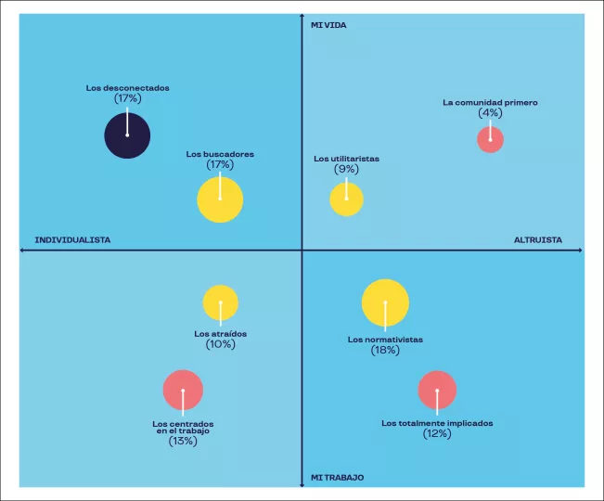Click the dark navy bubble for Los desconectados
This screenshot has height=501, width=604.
click(127, 135)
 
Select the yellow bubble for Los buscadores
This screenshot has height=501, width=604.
click(220, 199)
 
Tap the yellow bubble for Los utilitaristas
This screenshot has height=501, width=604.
click(346, 199)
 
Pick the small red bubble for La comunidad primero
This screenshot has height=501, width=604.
click(490, 140)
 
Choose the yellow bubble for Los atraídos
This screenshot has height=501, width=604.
click(221, 303)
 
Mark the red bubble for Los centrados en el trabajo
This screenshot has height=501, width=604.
click(183, 391)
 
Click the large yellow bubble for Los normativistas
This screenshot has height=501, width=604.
click(385, 302)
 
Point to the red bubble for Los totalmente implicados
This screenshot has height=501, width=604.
click(437, 391)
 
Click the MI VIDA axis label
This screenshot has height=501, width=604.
click(328, 25)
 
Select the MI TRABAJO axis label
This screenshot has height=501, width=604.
click(337, 478)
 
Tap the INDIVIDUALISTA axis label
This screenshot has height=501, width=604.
click(72, 240)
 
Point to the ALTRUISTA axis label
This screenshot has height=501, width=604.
click(538, 240)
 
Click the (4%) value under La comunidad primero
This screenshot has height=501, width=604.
click(490, 113)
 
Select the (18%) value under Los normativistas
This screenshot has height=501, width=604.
click(385, 351)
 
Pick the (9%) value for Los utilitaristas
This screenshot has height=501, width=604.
click(346, 169)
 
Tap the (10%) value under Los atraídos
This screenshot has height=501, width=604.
click(221, 344)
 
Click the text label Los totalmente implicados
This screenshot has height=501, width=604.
click(437, 423)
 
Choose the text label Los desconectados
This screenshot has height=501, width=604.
click(127, 88)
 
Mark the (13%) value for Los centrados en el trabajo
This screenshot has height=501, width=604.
click(183, 442)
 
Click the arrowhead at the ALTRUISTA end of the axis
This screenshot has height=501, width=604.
click(580, 250)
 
